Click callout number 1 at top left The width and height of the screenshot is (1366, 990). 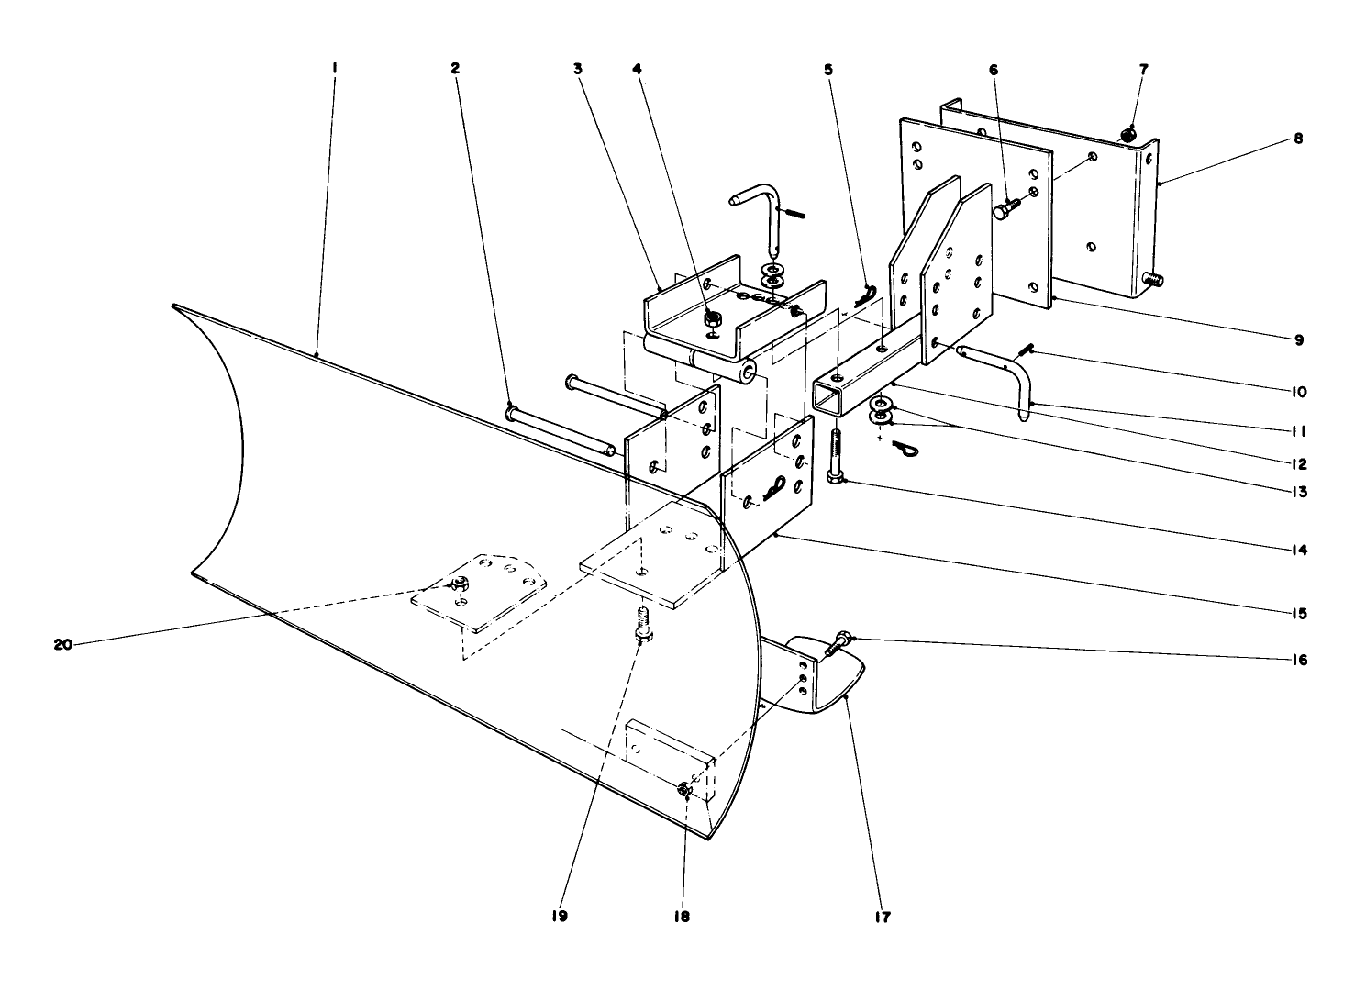tap(335, 68)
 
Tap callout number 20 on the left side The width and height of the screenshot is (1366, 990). tap(62, 645)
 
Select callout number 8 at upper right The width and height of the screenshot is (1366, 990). tap(1298, 139)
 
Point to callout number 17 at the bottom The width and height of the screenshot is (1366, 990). tap(883, 917)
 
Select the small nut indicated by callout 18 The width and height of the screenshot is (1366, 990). tap(683, 790)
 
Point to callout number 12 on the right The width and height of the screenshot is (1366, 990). tap(1298, 464)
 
